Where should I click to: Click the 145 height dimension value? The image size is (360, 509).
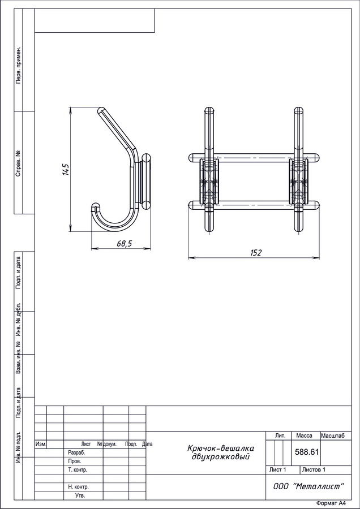pos(65,170)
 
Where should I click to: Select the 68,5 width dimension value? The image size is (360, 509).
pos(124,244)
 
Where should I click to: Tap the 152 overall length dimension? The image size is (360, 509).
pos(256,253)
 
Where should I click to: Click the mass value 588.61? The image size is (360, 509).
pos(307,452)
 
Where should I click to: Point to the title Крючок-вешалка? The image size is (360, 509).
pos(221,448)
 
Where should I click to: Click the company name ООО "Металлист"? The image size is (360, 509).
pos(308,486)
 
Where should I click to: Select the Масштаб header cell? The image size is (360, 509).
pos(333,435)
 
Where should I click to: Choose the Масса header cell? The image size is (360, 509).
pos(304,435)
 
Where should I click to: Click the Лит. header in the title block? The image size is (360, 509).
pos(280,435)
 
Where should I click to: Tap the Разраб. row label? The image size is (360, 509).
pos(76,452)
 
